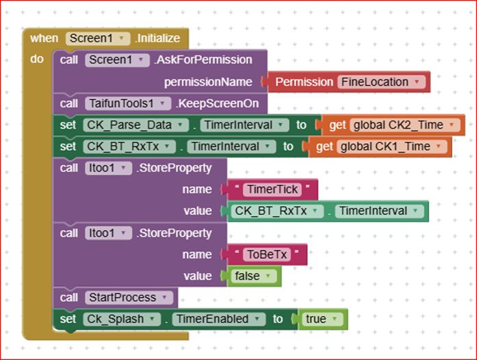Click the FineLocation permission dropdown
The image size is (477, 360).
tap(381, 82)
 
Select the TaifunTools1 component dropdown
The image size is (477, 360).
tap(128, 103)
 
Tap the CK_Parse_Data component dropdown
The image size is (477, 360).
tap(136, 125)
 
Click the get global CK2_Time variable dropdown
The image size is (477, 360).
tap(405, 125)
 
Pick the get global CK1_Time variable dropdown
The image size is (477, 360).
tap(392, 146)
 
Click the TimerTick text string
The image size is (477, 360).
tap(272, 190)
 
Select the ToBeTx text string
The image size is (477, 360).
tap(267, 255)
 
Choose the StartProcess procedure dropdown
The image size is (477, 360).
tap(129, 297)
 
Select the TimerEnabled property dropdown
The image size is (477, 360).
tap(218, 319)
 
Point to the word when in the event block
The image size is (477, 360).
tap(44, 38)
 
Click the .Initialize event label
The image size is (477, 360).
tap(157, 38)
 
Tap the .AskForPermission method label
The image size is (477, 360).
tap(203, 60)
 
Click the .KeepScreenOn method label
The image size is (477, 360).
tap(217, 103)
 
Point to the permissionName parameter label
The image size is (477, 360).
tap(208, 82)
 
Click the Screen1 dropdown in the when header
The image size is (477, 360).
tap(98, 38)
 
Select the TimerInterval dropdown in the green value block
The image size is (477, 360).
tap(379, 211)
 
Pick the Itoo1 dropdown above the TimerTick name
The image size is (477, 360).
tap(108, 168)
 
